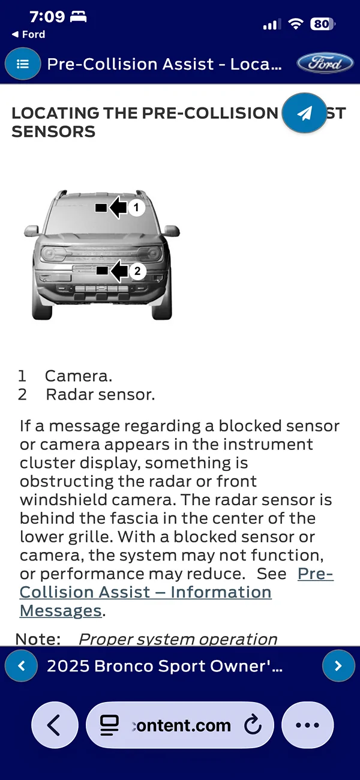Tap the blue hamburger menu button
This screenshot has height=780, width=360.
pyautogui.click(x=23, y=64)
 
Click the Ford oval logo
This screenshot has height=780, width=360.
pyautogui.click(x=325, y=64)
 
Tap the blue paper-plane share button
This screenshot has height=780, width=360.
pyautogui.click(x=305, y=113)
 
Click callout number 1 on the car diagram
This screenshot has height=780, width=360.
pyautogui.click(x=137, y=208)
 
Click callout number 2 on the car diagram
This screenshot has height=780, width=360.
pyautogui.click(x=137, y=271)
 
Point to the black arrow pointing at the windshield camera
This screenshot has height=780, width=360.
pyautogui.click(x=118, y=208)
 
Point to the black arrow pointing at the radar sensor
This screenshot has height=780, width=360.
pyautogui.click(x=119, y=271)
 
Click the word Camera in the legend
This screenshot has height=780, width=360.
pyautogui.click(x=78, y=376)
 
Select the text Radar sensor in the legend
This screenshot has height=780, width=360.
pyautogui.click(x=100, y=395)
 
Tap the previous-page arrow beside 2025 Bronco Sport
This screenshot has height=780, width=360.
pyautogui.click(x=22, y=665)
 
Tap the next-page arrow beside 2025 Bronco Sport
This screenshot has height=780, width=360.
pyautogui.click(x=338, y=665)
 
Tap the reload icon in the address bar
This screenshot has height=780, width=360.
pyautogui.click(x=253, y=725)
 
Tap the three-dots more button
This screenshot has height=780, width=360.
pyautogui.click(x=308, y=725)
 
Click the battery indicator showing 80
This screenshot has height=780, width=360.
pyautogui.click(x=322, y=24)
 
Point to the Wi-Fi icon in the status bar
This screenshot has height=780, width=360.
pyautogui.click(x=295, y=24)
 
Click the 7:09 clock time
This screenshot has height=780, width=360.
pyautogui.click(x=47, y=17)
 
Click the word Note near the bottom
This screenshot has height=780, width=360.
pyautogui.click(x=37, y=639)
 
